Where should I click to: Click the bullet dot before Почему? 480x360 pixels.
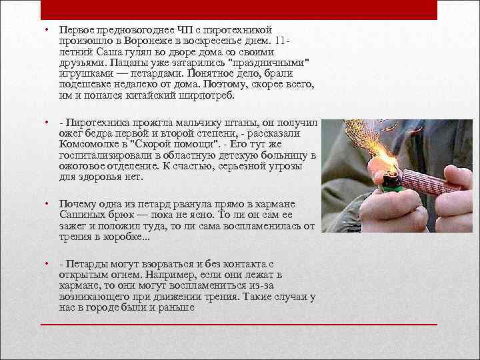click(x=47, y=203)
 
